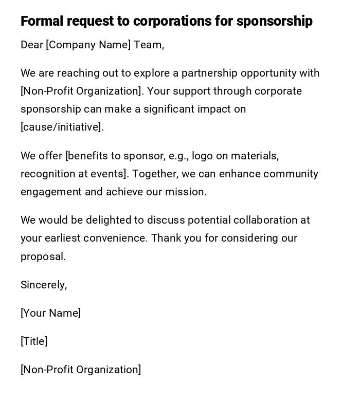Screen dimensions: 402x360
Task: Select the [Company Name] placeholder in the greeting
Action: coord(88,45)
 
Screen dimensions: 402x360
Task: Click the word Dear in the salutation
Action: coord(32,45)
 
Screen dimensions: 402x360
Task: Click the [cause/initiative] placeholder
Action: coord(62,127)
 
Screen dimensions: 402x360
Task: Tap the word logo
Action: coord(202,156)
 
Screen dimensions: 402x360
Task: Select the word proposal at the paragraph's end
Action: coord(43,257)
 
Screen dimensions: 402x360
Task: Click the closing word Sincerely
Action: coord(44,285)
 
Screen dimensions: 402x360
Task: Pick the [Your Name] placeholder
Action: coord(50,313)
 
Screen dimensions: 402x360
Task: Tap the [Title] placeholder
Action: coord(34,341)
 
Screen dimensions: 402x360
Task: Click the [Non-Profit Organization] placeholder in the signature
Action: coord(81,370)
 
